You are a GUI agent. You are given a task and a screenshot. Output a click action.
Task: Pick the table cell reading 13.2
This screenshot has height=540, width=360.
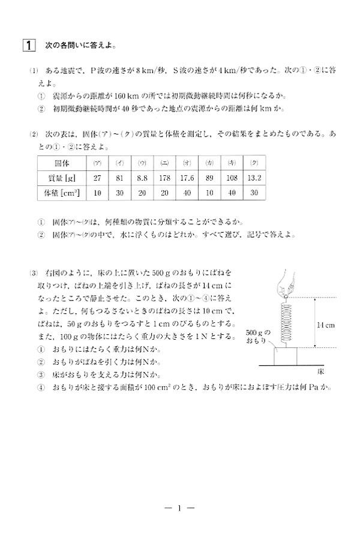click(x=254, y=178)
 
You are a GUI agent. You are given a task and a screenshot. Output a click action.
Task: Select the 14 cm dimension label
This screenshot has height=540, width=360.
click(x=325, y=324)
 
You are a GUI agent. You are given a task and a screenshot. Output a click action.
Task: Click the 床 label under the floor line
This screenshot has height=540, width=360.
click(x=320, y=372)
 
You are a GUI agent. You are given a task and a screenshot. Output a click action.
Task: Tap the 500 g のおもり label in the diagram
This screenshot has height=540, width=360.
click(x=259, y=337)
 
